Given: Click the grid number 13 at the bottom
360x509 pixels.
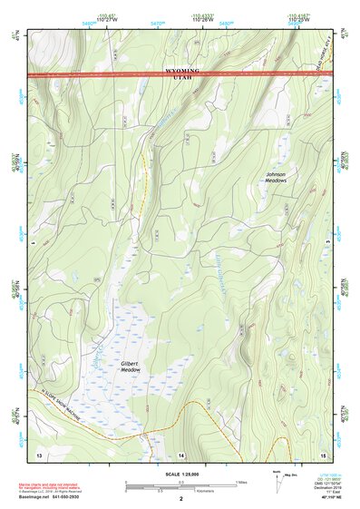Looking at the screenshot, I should pyautogui.click(x=39, y=453).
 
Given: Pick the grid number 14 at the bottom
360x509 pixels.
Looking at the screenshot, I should pyautogui.click(x=181, y=453).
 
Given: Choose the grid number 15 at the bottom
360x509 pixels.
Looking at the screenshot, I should pyautogui.click(x=323, y=453).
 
